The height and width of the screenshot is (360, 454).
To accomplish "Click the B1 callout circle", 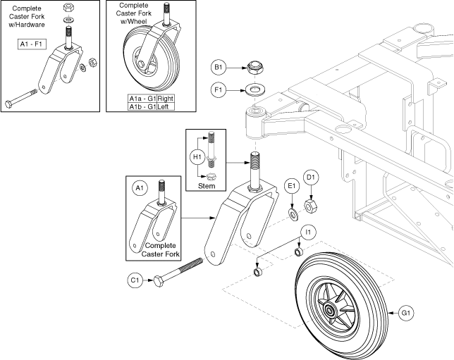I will pyautogui.click(x=218, y=68).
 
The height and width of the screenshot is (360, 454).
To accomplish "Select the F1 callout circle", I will pyautogui.click(x=218, y=91).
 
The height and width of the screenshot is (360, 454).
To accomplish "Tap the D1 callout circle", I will pyautogui.click(x=311, y=175).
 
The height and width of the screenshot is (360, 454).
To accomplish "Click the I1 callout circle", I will pyautogui.click(x=307, y=230).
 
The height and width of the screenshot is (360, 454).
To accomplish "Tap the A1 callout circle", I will pyautogui.click(x=138, y=188).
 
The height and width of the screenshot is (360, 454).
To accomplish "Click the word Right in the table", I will pyautogui.click(x=166, y=98).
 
